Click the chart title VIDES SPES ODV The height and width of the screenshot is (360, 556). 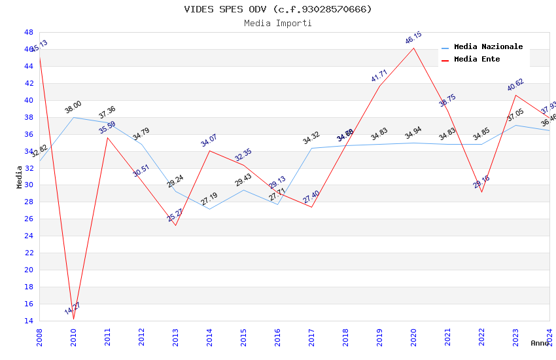[278, 9]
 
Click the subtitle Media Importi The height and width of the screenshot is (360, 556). [278, 24]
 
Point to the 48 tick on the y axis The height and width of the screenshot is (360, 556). [28, 32]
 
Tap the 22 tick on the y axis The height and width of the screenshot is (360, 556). [28, 253]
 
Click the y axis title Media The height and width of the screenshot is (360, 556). [20, 177]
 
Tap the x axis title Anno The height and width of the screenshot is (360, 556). [540, 343]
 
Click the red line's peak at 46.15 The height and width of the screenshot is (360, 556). [413, 48]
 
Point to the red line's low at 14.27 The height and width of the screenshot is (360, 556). [73, 319]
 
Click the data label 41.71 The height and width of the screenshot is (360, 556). [379, 76]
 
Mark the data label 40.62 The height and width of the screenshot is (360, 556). [515, 85]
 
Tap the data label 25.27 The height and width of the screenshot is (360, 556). [175, 215]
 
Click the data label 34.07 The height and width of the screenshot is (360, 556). [209, 140]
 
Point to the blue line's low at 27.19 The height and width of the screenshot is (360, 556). [209, 209]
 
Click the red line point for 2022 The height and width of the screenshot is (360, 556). [481, 191]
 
